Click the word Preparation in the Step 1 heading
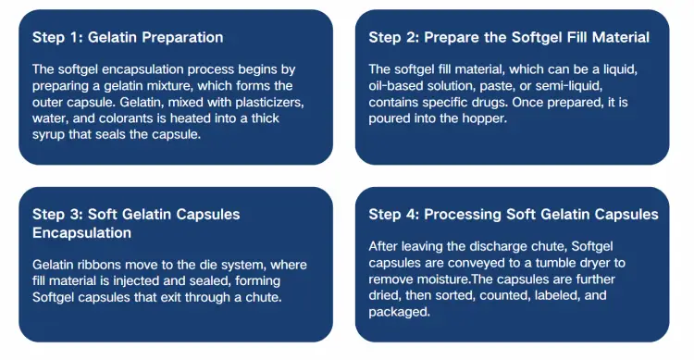(x=189, y=38)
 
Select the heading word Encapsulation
(x=81, y=233)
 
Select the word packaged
(x=399, y=312)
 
